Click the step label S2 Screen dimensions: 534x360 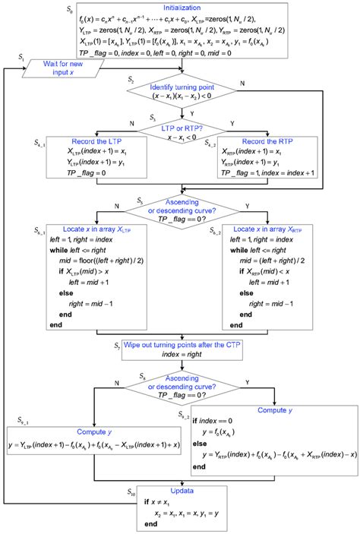(x=131, y=80)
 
